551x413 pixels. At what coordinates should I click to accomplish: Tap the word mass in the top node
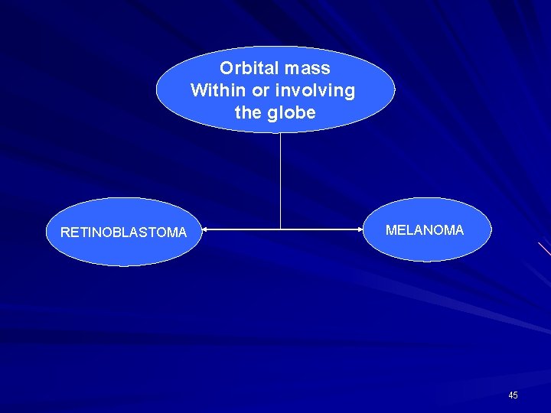point(305,68)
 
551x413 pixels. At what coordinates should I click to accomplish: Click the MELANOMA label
point(425,230)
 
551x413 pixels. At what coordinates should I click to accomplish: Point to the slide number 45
point(513,395)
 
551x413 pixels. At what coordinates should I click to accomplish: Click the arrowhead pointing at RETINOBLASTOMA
point(204,229)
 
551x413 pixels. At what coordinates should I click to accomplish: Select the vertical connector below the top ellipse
point(281,180)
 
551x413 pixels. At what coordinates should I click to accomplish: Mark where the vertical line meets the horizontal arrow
point(281,229)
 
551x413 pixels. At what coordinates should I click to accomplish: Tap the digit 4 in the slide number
point(510,395)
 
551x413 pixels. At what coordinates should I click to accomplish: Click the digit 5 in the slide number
point(515,395)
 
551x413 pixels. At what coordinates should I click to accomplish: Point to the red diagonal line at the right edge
point(544,249)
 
